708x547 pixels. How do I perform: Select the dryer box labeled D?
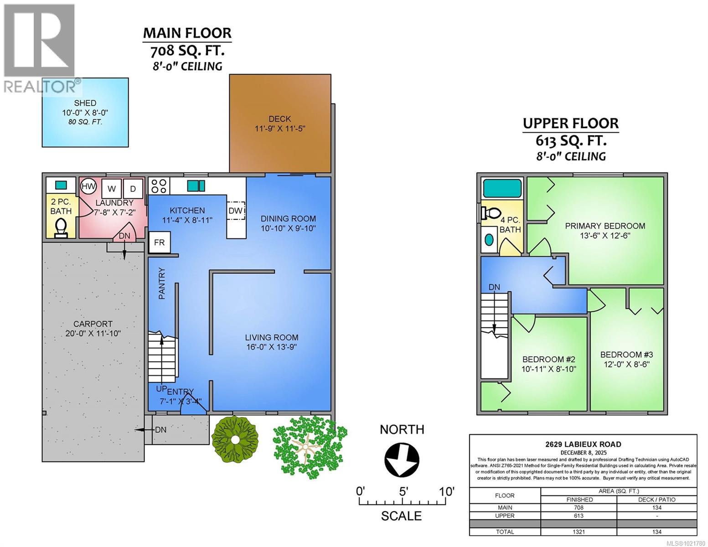coord(133,188)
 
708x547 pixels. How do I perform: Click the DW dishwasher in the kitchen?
coord(236,211)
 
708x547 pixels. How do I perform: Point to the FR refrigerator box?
coord(159,243)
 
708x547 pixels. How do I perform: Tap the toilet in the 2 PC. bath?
coord(60,227)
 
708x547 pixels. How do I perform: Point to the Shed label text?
coord(85,103)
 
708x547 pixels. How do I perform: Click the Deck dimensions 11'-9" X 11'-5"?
coord(279,129)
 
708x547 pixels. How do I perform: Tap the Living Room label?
coord(272,337)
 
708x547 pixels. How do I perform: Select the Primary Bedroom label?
coord(605,226)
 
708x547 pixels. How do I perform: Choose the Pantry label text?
coord(161,283)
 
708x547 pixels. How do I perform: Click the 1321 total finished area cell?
coord(579,532)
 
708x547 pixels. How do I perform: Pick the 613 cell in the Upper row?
coord(579,516)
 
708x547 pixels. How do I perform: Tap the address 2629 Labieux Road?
coord(583,444)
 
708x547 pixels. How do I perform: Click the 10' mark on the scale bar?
coord(446,492)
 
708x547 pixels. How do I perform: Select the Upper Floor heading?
coord(570,123)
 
